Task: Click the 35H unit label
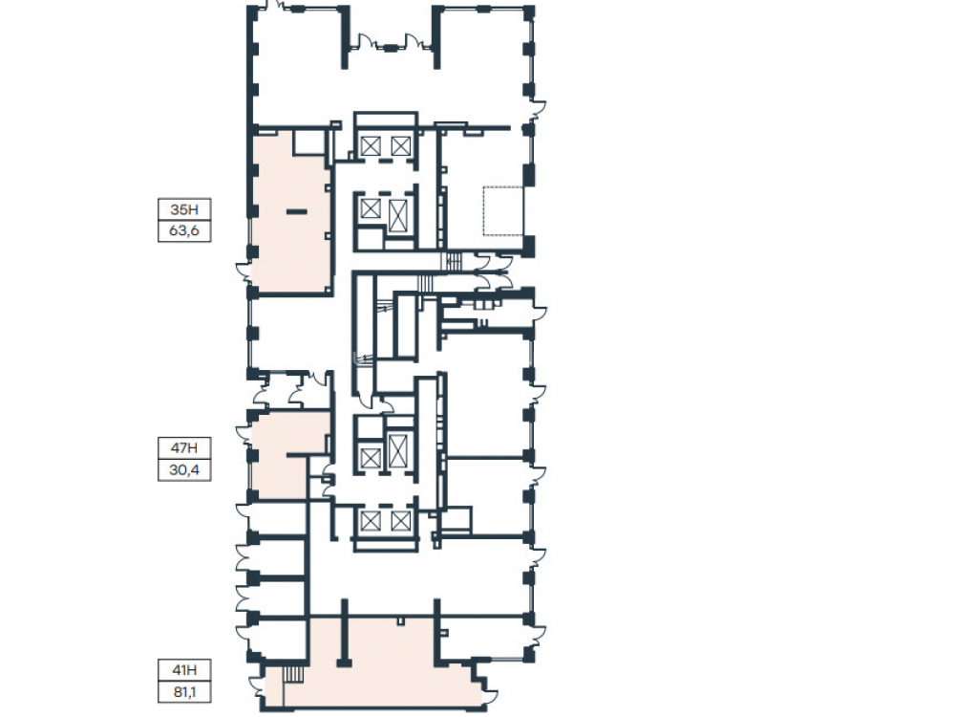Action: click(x=184, y=209)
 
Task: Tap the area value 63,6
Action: click(x=184, y=231)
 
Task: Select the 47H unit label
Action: click(x=184, y=448)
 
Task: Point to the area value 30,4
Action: click(x=184, y=470)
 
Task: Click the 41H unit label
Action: click(x=184, y=670)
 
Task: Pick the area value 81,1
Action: click(x=184, y=692)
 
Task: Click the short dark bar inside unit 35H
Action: click(x=297, y=211)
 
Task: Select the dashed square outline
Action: click(x=503, y=210)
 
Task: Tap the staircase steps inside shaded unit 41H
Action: click(x=294, y=675)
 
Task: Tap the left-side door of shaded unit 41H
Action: click(x=257, y=688)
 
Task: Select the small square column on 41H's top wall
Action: click(x=400, y=620)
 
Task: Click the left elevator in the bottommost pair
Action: click(x=371, y=521)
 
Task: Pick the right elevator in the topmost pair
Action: click(x=401, y=145)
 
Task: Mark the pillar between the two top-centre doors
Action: click(x=389, y=47)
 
